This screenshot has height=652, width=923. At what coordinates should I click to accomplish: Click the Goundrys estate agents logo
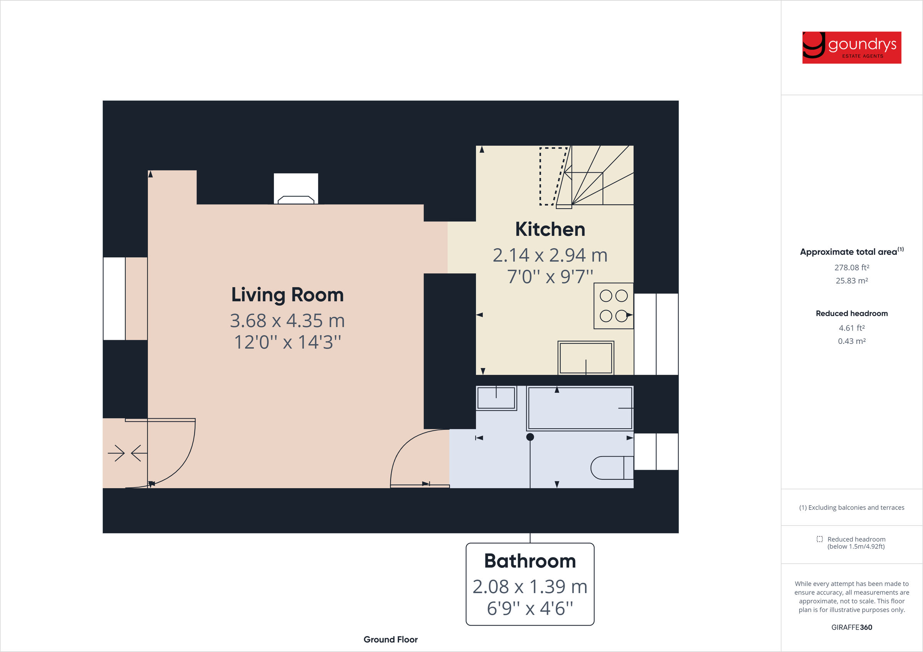click(851, 47)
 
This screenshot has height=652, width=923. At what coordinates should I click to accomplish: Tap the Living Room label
click(287, 294)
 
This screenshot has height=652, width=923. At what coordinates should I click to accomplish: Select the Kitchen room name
click(550, 229)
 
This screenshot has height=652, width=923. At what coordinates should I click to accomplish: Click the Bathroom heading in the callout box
click(530, 561)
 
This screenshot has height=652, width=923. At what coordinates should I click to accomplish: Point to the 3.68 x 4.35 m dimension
click(287, 320)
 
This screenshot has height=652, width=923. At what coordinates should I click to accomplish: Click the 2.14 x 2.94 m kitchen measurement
click(550, 255)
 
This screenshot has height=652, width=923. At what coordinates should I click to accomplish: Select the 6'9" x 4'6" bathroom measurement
click(530, 608)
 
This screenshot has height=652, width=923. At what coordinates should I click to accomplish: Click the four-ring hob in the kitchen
click(613, 306)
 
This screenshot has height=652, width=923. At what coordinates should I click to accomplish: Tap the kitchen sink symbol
click(586, 358)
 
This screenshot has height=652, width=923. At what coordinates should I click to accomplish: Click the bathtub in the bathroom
click(580, 408)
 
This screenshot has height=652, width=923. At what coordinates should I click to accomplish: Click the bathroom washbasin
click(496, 398)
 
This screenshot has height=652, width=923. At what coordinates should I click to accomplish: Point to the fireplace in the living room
click(296, 189)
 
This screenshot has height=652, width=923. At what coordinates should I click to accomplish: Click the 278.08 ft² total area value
click(851, 267)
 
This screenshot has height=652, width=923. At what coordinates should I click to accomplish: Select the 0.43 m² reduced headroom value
click(851, 341)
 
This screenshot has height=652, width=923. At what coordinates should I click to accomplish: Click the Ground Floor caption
click(390, 639)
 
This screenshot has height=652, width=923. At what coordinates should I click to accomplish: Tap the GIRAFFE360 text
click(851, 627)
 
